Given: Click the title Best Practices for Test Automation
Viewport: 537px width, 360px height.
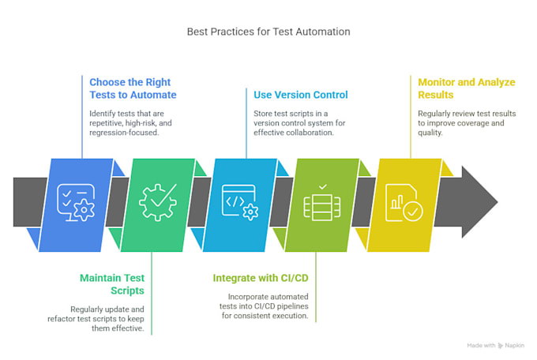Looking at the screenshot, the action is [x=268, y=32].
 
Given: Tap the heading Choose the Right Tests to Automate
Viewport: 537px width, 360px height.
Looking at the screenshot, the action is [x=133, y=88].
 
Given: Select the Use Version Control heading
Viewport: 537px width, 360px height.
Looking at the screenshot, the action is [x=301, y=95].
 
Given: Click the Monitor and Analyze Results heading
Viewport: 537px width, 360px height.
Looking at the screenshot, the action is [x=467, y=88].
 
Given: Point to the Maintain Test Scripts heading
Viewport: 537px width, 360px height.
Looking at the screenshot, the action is [x=112, y=284].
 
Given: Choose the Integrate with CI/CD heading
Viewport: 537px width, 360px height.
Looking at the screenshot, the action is [x=261, y=278].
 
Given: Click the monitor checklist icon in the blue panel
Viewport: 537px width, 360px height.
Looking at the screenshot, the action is [x=76, y=202].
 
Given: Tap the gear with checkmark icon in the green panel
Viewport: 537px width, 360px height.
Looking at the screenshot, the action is [x=158, y=202].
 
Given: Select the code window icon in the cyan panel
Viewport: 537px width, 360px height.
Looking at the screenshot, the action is [x=240, y=202].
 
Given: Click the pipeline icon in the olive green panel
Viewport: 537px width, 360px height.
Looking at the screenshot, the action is [x=322, y=207].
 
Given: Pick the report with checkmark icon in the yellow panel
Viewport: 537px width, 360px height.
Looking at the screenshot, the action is [x=404, y=202].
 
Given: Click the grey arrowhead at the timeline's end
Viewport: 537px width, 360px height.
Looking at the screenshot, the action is [x=479, y=202].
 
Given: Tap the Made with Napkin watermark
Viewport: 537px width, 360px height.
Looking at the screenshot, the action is [x=496, y=346].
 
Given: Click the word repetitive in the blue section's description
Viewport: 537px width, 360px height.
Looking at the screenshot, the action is [x=106, y=123].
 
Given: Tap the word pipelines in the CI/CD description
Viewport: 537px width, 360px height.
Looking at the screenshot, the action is [x=292, y=306].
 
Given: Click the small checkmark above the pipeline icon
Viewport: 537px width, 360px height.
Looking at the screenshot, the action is [x=323, y=187].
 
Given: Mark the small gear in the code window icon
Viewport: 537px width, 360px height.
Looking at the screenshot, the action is [x=250, y=212].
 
